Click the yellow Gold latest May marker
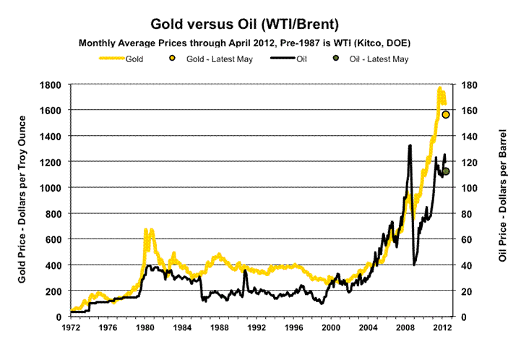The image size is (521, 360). (447, 115)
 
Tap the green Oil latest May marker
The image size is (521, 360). (446, 171)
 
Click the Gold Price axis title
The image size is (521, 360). (17, 200)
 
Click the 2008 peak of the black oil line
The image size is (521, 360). (410, 145)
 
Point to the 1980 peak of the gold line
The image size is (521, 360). (146, 230)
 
